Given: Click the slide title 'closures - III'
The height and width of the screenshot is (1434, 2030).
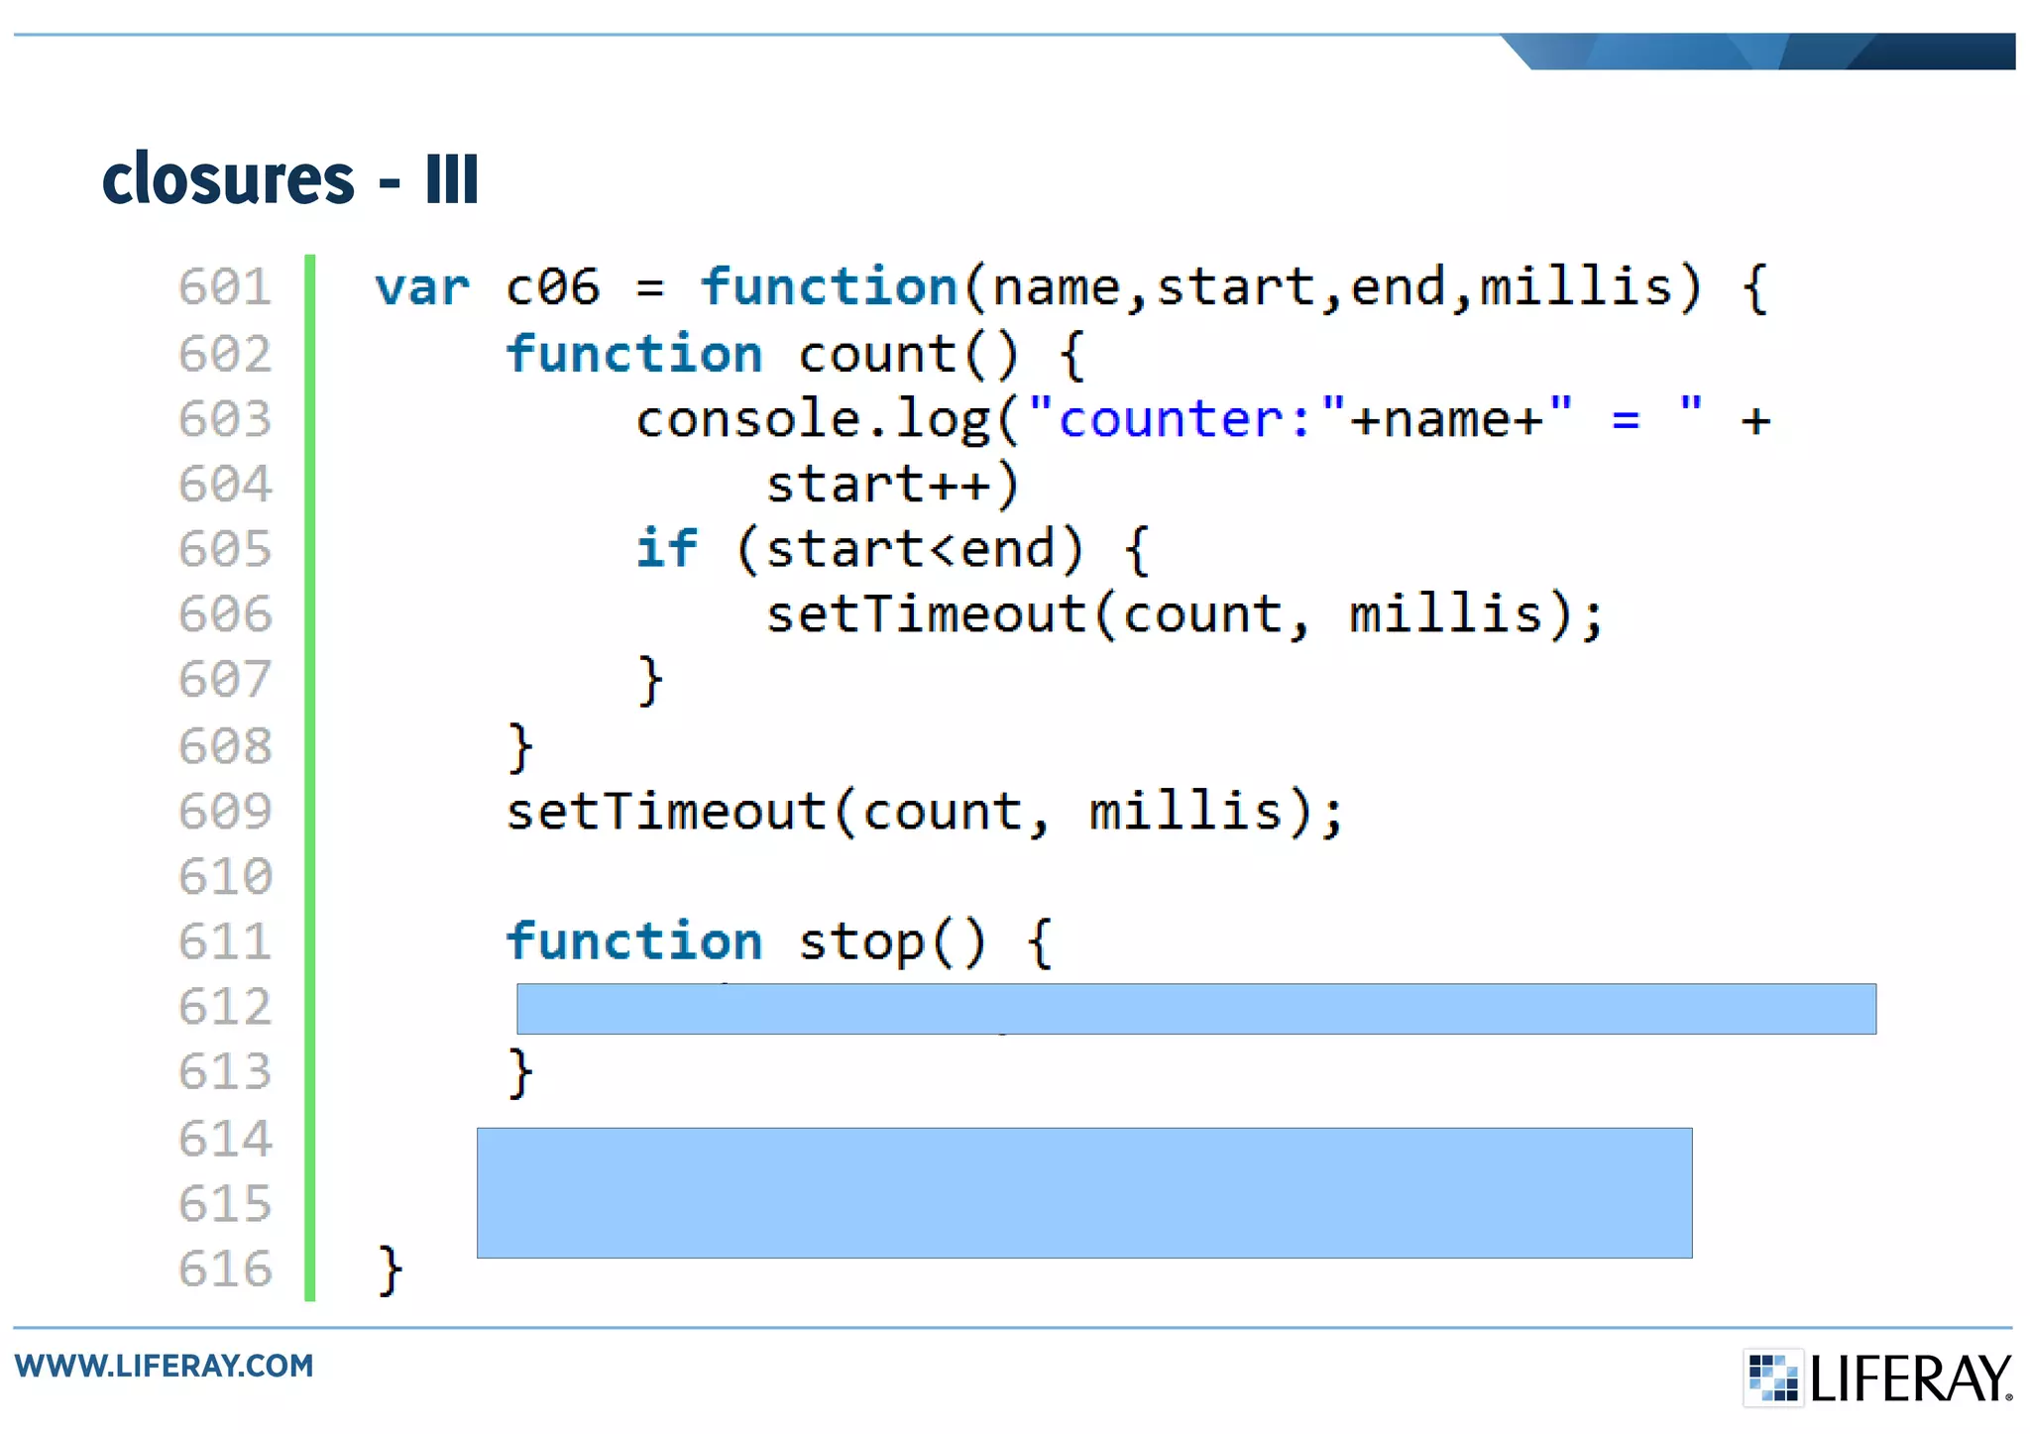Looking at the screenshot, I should coord(290,179).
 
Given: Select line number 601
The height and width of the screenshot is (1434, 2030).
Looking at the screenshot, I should coord(225,287).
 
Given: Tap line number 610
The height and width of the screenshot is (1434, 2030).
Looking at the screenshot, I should coord(225,877).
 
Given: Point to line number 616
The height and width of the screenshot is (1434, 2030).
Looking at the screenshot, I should coord(225,1269).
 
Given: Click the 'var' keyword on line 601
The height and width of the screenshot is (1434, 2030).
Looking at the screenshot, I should coord(422,288).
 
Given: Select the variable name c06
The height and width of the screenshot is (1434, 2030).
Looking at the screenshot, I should coord(552,288).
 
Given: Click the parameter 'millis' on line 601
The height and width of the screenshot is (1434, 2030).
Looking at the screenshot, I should coord(1576,287).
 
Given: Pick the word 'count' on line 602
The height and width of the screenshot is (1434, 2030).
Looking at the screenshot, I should coord(876,355).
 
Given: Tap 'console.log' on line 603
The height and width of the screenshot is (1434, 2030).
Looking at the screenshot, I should coord(813,420).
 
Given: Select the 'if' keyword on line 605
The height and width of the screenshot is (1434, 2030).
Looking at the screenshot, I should coord(666,549).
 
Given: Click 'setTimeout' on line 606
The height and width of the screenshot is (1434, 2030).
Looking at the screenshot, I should coord(926,614).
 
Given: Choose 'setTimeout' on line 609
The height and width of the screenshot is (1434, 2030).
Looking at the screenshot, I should coord(666,812).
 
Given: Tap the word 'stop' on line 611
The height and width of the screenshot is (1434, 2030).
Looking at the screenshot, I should coord(860,942).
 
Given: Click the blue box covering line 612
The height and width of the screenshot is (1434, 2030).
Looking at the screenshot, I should coord(1195,1009).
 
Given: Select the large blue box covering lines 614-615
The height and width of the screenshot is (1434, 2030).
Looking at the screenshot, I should coord(1083,1193).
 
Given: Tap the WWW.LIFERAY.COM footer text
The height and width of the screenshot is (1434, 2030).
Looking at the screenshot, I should coord(165,1366).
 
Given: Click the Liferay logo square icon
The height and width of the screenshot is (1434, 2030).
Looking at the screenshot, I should coord(1772,1378).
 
